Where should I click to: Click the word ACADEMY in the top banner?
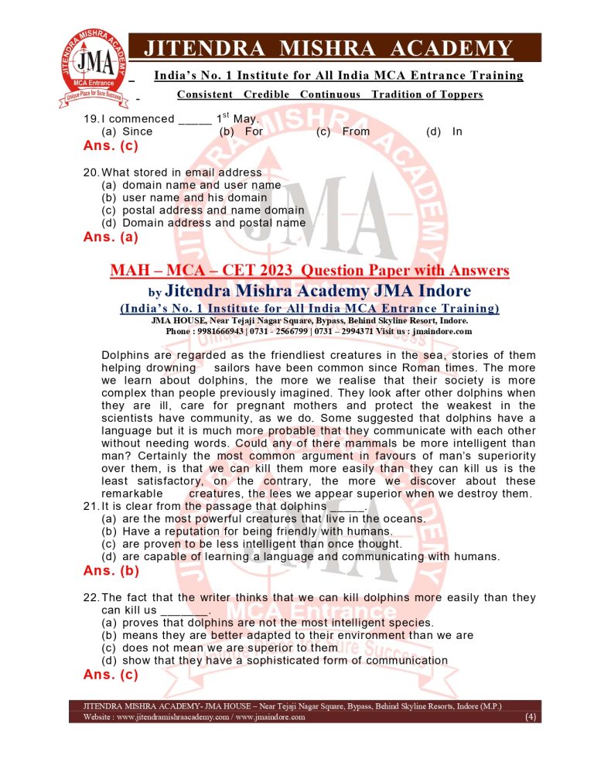click(451, 49)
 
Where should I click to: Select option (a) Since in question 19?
click(128, 132)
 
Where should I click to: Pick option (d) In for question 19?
click(445, 132)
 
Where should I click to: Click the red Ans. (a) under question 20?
click(111, 238)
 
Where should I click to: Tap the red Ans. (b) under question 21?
click(111, 572)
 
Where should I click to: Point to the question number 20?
click(90, 172)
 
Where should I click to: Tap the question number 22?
click(90, 597)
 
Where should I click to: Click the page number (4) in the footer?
click(531, 717)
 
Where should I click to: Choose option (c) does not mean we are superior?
click(220, 648)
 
